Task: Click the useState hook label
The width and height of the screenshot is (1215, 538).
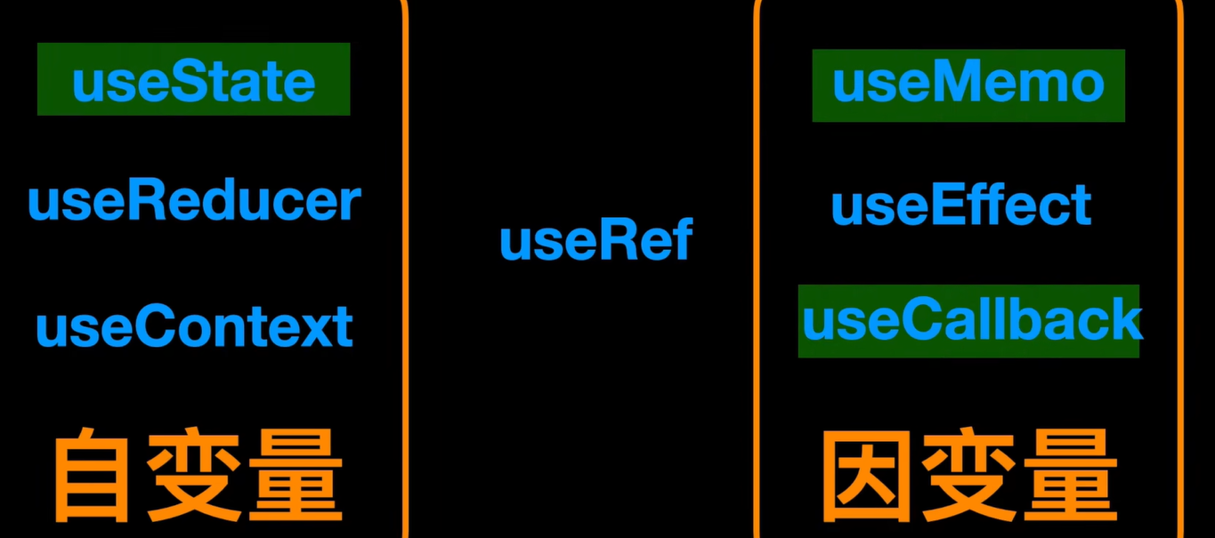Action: (x=193, y=81)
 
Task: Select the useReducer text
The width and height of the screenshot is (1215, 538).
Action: (x=194, y=202)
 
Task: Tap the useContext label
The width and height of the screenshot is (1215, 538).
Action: (x=194, y=326)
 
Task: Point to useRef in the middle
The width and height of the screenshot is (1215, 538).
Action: (x=595, y=240)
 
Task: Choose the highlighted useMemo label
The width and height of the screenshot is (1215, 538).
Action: (x=968, y=83)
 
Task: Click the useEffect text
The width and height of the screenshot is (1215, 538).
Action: (x=960, y=205)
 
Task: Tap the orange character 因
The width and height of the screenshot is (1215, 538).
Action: (x=864, y=477)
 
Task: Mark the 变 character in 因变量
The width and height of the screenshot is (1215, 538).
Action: (x=968, y=477)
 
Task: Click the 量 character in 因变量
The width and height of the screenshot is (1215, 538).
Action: (x=1070, y=477)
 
